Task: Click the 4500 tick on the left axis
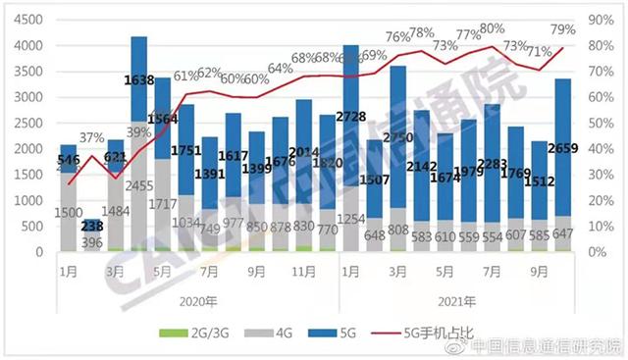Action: tap(26, 20)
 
